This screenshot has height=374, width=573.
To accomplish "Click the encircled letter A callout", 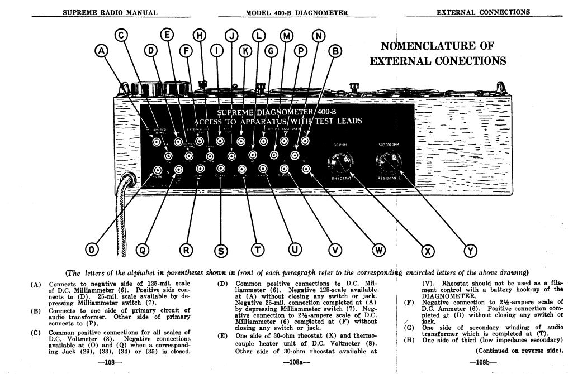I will coord(102,51).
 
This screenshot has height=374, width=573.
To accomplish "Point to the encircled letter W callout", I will coord(378,250).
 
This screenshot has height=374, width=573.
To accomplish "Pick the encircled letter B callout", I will coord(335,51).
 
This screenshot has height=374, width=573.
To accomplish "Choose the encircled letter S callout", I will coord(221,251).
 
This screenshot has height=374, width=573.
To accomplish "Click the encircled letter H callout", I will coord(200,36).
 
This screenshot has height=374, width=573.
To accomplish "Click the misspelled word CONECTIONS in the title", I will coord(469,61).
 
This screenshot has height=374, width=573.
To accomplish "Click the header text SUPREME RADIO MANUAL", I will coord(110,12).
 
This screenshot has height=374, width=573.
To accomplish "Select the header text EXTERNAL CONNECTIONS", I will coord(483,12).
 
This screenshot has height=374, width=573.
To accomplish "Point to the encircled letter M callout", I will coord(287,36).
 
